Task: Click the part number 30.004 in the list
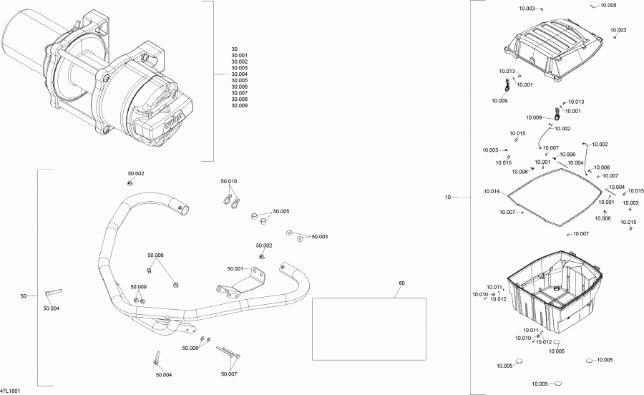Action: click(x=240, y=74)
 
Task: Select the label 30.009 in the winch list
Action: click(x=240, y=105)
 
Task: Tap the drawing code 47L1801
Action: click(x=10, y=391)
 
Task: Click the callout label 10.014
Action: click(x=492, y=191)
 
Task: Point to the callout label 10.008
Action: click(x=608, y=5)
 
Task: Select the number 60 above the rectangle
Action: click(x=401, y=283)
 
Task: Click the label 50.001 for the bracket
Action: click(x=235, y=269)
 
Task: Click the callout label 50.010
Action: click(x=229, y=181)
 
